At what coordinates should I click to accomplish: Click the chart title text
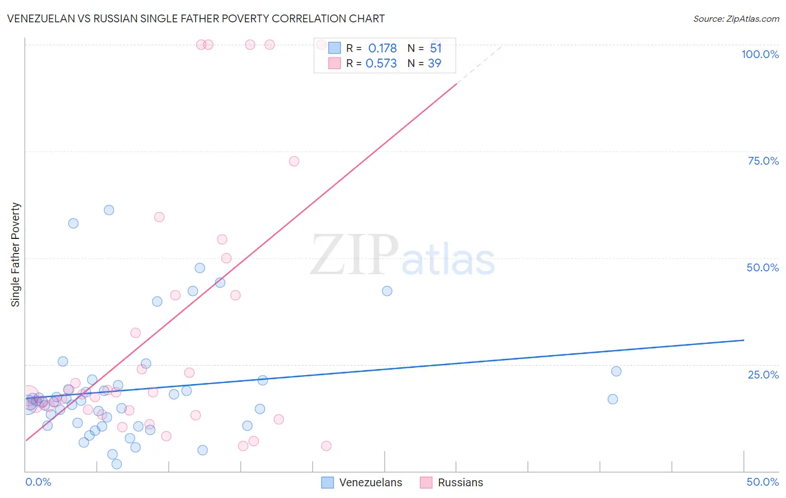pyautogui.click(x=196, y=18)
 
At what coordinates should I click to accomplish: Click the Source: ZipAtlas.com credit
pyautogui.click(x=736, y=19)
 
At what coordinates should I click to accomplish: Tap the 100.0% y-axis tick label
pyautogui.click(x=760, y=54)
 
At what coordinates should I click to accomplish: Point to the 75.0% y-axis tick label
pyautogui.click(x=763, y=161)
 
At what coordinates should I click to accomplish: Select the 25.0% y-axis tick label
pyautogui.click(x=763, y=374)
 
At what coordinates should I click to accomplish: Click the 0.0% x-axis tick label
pyautogui.click(x=38, y=482)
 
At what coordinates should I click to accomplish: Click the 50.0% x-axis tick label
pyautogui.click(x=763, y=482)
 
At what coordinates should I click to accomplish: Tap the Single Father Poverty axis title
pyautogui.click(x=16, y=255)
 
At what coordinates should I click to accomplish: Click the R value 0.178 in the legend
pyautogui.click(x=382, y=49)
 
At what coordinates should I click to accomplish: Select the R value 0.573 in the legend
pyautogui.click(x=381, y=64)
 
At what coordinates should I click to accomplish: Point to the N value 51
pyautogui.click(x=436, y=49)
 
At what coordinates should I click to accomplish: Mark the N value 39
pyautogui.click(x=434, y=64)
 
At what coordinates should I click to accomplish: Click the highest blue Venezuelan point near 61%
pyautogui.click(x=109, y=210)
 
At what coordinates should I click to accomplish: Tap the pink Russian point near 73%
pyautogui.click(x=294, y=161)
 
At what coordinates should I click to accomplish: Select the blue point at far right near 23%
pyautogui.click(x=616, y=371)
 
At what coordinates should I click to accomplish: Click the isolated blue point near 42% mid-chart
pyautogui.click(x=387, y=291)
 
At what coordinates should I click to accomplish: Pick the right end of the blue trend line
pyautogui.click(x=744, y=340)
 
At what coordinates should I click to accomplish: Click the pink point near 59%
pyautogui.click(x=159, y=217)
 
